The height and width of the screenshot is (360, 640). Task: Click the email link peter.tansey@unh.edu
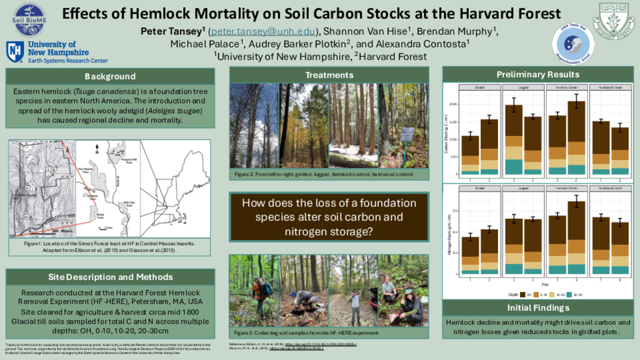tap(263, 32)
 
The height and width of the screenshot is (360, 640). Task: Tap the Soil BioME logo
tap(29, 20)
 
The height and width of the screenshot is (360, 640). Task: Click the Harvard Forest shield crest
tap(613, 20)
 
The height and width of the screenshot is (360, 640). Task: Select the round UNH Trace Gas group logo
tap(573, 44)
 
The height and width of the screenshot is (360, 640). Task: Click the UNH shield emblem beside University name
tap(15, 52)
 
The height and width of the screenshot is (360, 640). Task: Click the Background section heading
tap(110, 76)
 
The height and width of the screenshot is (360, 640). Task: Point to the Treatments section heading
tap(329, 75)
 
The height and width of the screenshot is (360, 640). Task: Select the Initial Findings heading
tap(538, 308)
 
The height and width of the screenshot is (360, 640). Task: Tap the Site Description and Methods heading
tap(110, 277)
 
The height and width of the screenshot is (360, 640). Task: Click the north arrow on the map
tap(97, 148)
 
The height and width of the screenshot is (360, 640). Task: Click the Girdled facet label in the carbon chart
tap(480, 87)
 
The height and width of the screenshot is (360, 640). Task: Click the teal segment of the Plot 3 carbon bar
tap(514, 167)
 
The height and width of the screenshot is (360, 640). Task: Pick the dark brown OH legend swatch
tap(523, 295)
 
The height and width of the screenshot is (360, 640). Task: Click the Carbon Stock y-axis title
tap(446, 134)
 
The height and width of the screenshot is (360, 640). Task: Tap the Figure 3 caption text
tap(306, 333)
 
